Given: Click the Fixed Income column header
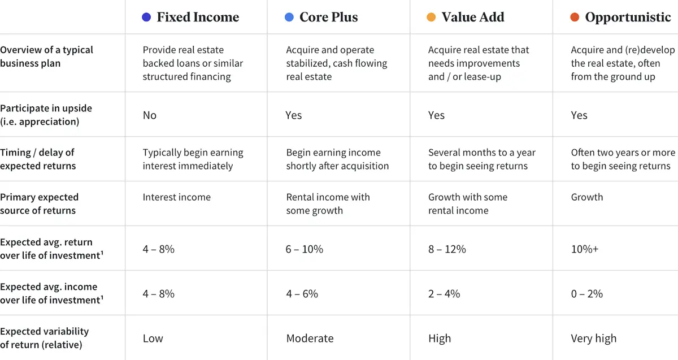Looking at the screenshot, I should pyautogui.click(x=197, y=18).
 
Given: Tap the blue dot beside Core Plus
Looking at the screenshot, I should pyautogui.click(x=289, y=18).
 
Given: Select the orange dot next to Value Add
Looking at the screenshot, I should pyautogui.click(x=431, y=18).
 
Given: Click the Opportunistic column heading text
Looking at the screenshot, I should pyautogui.click(x=628, y=18).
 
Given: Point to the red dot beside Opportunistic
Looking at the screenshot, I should pyautogui.click(x=575, y=18).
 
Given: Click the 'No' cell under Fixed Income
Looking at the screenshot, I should pyautogui.click(x=150, y=115).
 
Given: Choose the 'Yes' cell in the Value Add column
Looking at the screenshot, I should pyautogui.click(x=436, y=115).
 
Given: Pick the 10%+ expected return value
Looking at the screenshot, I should pyautogui.click(x=584, y=249).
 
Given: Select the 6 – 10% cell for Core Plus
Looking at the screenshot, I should pyautogui.click(x=305, y=249).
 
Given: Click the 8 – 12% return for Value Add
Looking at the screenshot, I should pyautogui.click(x=447, y=249).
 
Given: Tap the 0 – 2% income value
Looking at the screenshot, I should pyautogui.click(x=586, y=293).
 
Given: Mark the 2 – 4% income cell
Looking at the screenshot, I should pyautogui.click(x=444, y=293).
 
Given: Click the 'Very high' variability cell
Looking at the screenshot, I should pyautogui.click(x=593, y=339).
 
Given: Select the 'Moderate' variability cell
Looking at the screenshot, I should pyautogui.click(x=310, y=339).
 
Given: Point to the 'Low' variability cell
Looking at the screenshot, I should pyautogui.click(x=153, y=339).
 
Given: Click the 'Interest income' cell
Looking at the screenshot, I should pyautogui.click(x=176, y=197).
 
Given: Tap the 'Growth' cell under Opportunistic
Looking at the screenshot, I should pyautogui.click(x=586, y=197).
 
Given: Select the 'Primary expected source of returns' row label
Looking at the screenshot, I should pyautogui.click(x=39, y=203).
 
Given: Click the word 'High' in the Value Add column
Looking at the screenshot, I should pyautogui.click(x=440, y=339).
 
